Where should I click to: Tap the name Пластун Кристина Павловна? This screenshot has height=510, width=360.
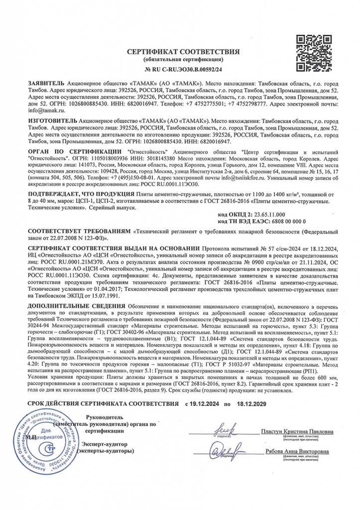click(x=297, y=431)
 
